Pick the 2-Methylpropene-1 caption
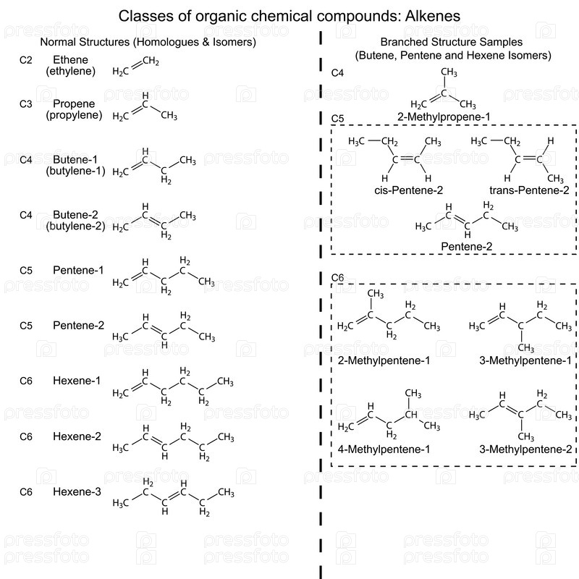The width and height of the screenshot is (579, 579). coord(444,116)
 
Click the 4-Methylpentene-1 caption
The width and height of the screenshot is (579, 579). coord(384,449)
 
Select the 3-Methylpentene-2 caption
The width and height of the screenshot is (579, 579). coord(525,449)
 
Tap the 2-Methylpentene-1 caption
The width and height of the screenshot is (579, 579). coord(384,360)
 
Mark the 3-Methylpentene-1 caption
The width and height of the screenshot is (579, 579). coord(525,360)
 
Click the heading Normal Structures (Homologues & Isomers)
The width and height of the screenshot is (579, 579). coord(148,42)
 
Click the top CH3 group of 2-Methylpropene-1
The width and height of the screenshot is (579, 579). coord(449,73)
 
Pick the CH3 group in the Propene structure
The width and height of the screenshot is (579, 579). coord(169,116)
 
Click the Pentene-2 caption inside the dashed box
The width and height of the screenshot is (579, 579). coord(467,247)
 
